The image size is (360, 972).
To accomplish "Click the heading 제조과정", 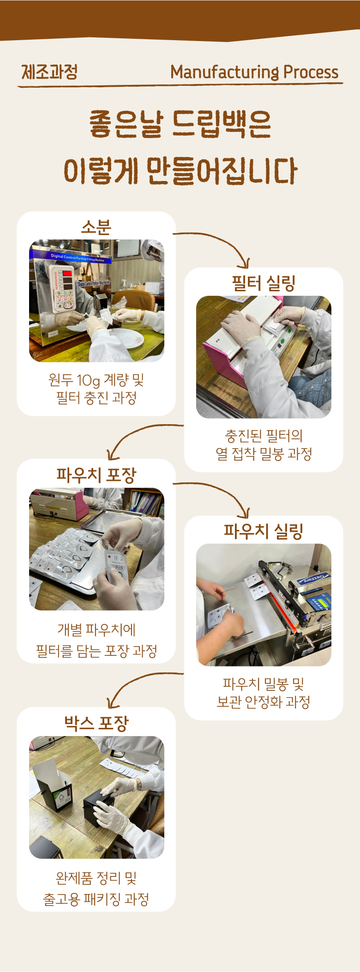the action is click(49, 72).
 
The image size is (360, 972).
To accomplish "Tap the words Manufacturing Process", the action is click(254, 72).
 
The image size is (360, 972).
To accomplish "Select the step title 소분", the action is click(96, 227).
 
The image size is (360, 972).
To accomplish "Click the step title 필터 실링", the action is click(264, 283).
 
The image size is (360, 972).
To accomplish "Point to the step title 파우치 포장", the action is click(96, 475).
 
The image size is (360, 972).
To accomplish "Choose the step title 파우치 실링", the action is click(264, 531).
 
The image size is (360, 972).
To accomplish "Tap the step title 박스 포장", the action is click(96, 723).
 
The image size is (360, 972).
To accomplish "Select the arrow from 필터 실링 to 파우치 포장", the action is click(138, 431).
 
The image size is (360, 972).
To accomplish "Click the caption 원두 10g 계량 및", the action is click(96, 380).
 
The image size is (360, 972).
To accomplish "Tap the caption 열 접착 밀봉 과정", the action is click(264, 454).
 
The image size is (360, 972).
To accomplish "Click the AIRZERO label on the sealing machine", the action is click(314, 577).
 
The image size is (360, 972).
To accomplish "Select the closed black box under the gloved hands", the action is click(99, 809).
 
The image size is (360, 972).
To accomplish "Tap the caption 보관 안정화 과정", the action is click(264, 702).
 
